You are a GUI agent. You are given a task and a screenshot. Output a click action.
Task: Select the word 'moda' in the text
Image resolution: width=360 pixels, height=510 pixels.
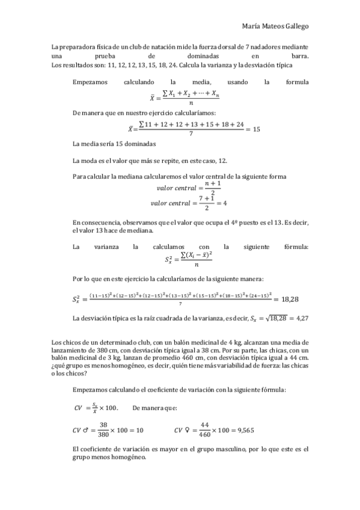pyautogui.click(x=90, y=160)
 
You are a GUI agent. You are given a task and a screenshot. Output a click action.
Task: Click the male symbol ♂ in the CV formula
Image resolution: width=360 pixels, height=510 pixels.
pyautogui.click(x=87, y=430)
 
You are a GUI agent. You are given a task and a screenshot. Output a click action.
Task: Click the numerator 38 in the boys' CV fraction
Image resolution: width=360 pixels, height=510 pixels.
pyautogui.click(x=103, y=424)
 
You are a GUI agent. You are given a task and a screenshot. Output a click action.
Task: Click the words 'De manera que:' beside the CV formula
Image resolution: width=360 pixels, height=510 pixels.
pyautogui.click(x=153, y=408)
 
